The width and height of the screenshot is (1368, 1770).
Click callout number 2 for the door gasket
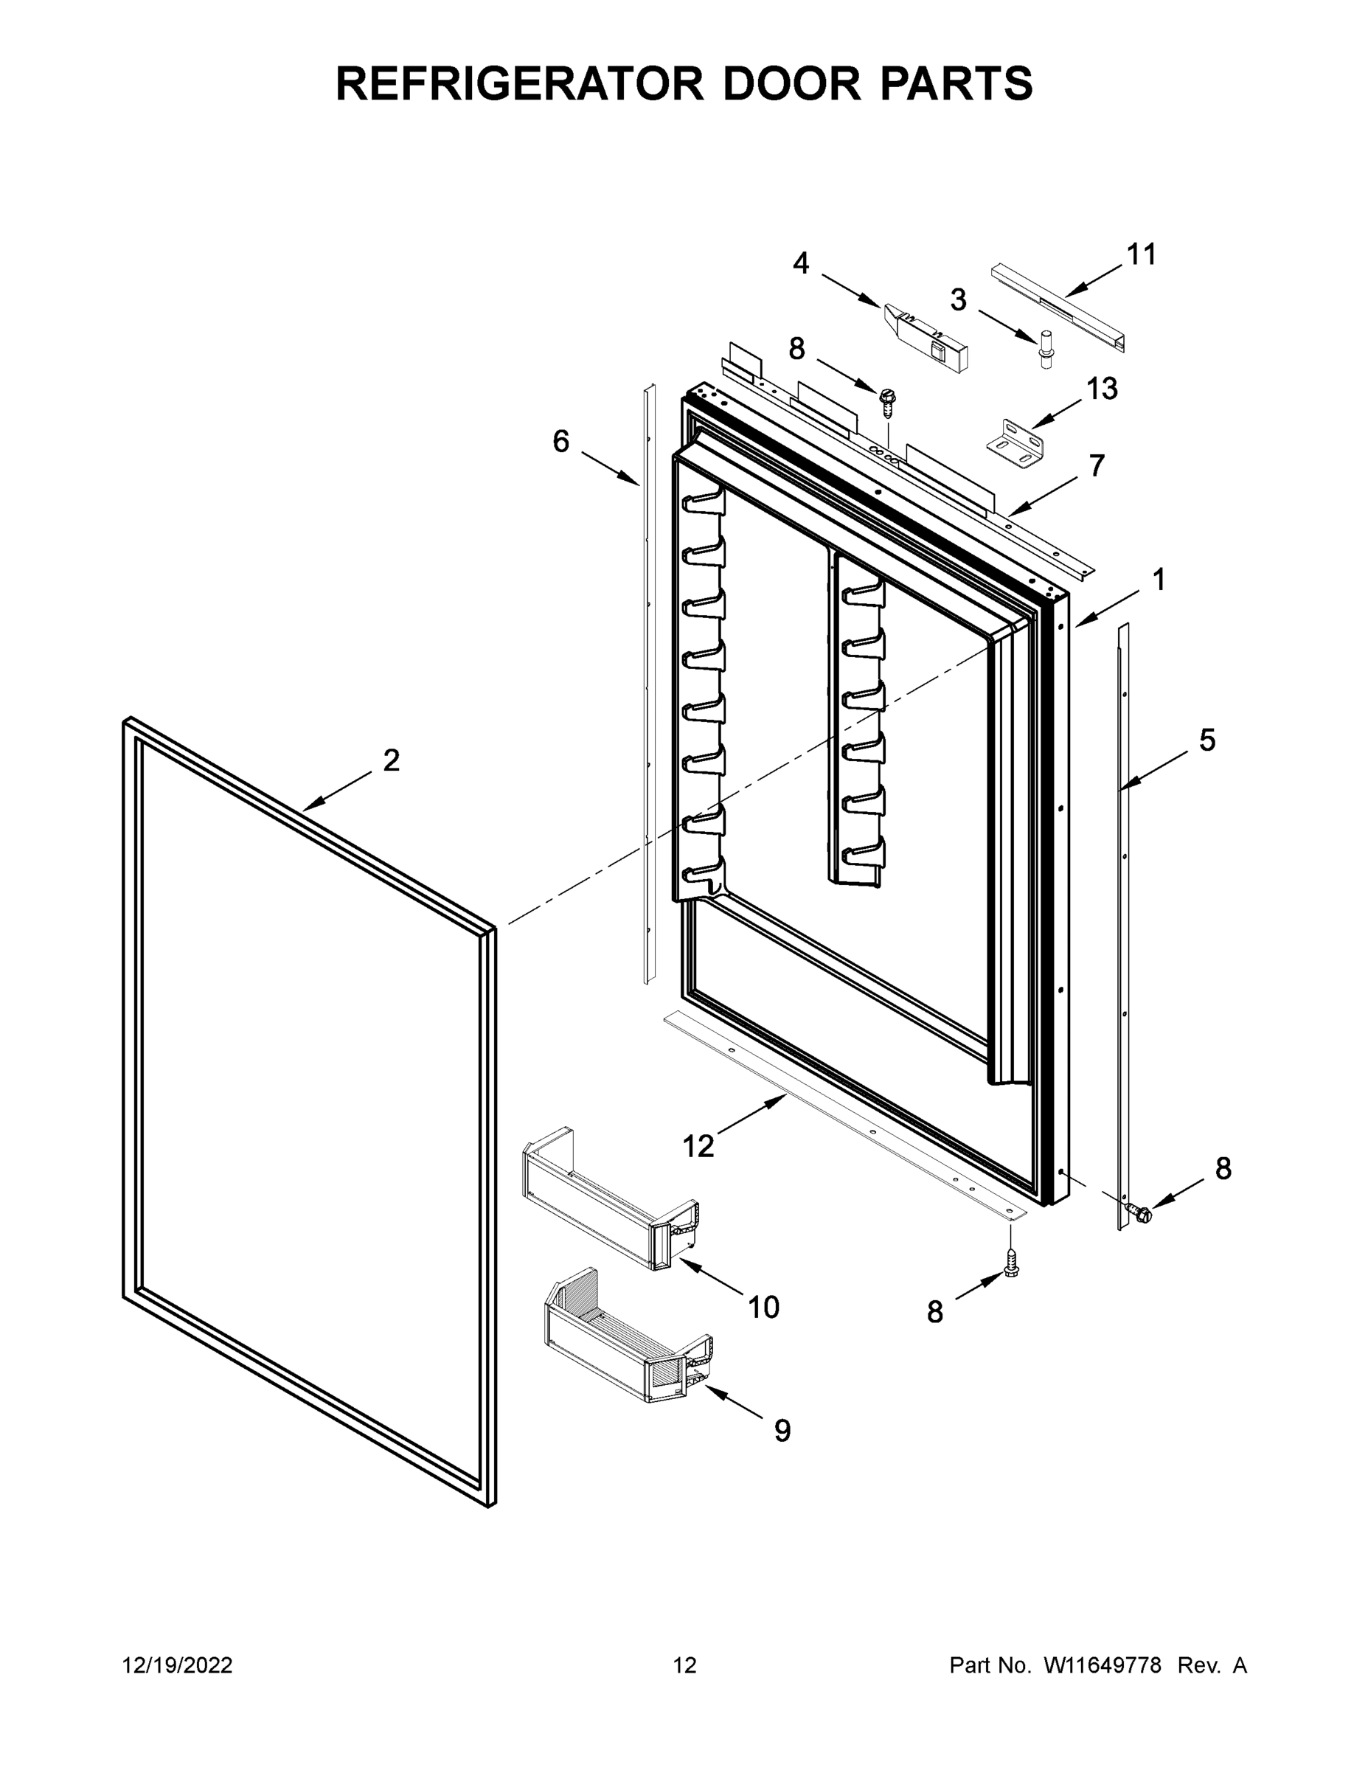point(392,761)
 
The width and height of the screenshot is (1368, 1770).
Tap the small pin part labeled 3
point(1045,350)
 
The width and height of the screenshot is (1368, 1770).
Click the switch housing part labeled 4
point(925,338)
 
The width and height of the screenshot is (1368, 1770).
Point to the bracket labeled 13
point(1015,442)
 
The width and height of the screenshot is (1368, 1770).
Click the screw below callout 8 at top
point(887,402)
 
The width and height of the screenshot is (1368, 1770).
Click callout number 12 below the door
point(698,1146)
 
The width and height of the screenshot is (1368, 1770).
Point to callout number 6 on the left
point(560,442)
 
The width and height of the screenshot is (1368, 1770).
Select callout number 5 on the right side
point(1206,740)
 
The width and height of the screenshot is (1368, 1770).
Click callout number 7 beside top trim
point(1096,466)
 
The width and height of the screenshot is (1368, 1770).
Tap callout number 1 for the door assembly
point(1159,580)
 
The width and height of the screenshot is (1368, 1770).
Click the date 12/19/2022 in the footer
point(178,1665)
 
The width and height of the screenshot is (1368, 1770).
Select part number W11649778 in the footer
point(1103,1665)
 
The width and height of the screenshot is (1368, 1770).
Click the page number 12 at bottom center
point(685,1665)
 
